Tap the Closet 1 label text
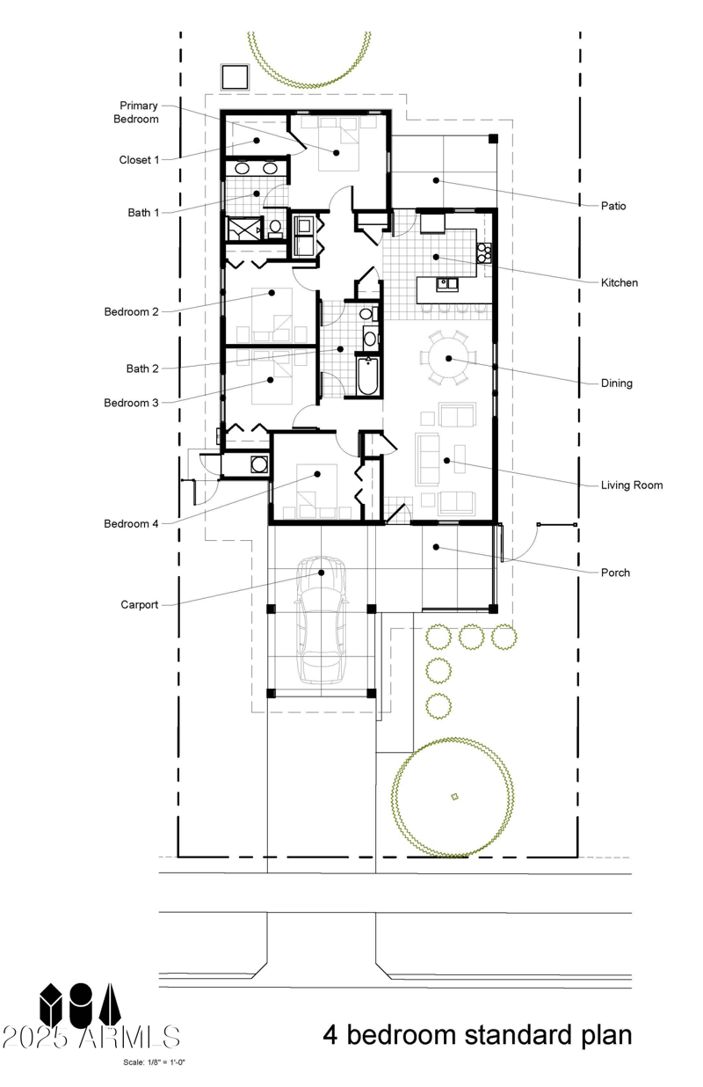[139, 160]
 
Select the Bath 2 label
[124, 368]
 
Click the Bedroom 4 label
[131, 524]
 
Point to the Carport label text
[139, 605]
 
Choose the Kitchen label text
[619, 283]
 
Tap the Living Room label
[631, 485]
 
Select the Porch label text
[615, 573]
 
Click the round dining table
[448, 359]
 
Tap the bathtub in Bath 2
[368, 376]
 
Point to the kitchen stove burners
[483, 253]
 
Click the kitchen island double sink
[447, 284]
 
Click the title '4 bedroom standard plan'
[476, 1034]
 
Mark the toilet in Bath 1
[275, 228]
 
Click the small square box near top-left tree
[235, 77]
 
